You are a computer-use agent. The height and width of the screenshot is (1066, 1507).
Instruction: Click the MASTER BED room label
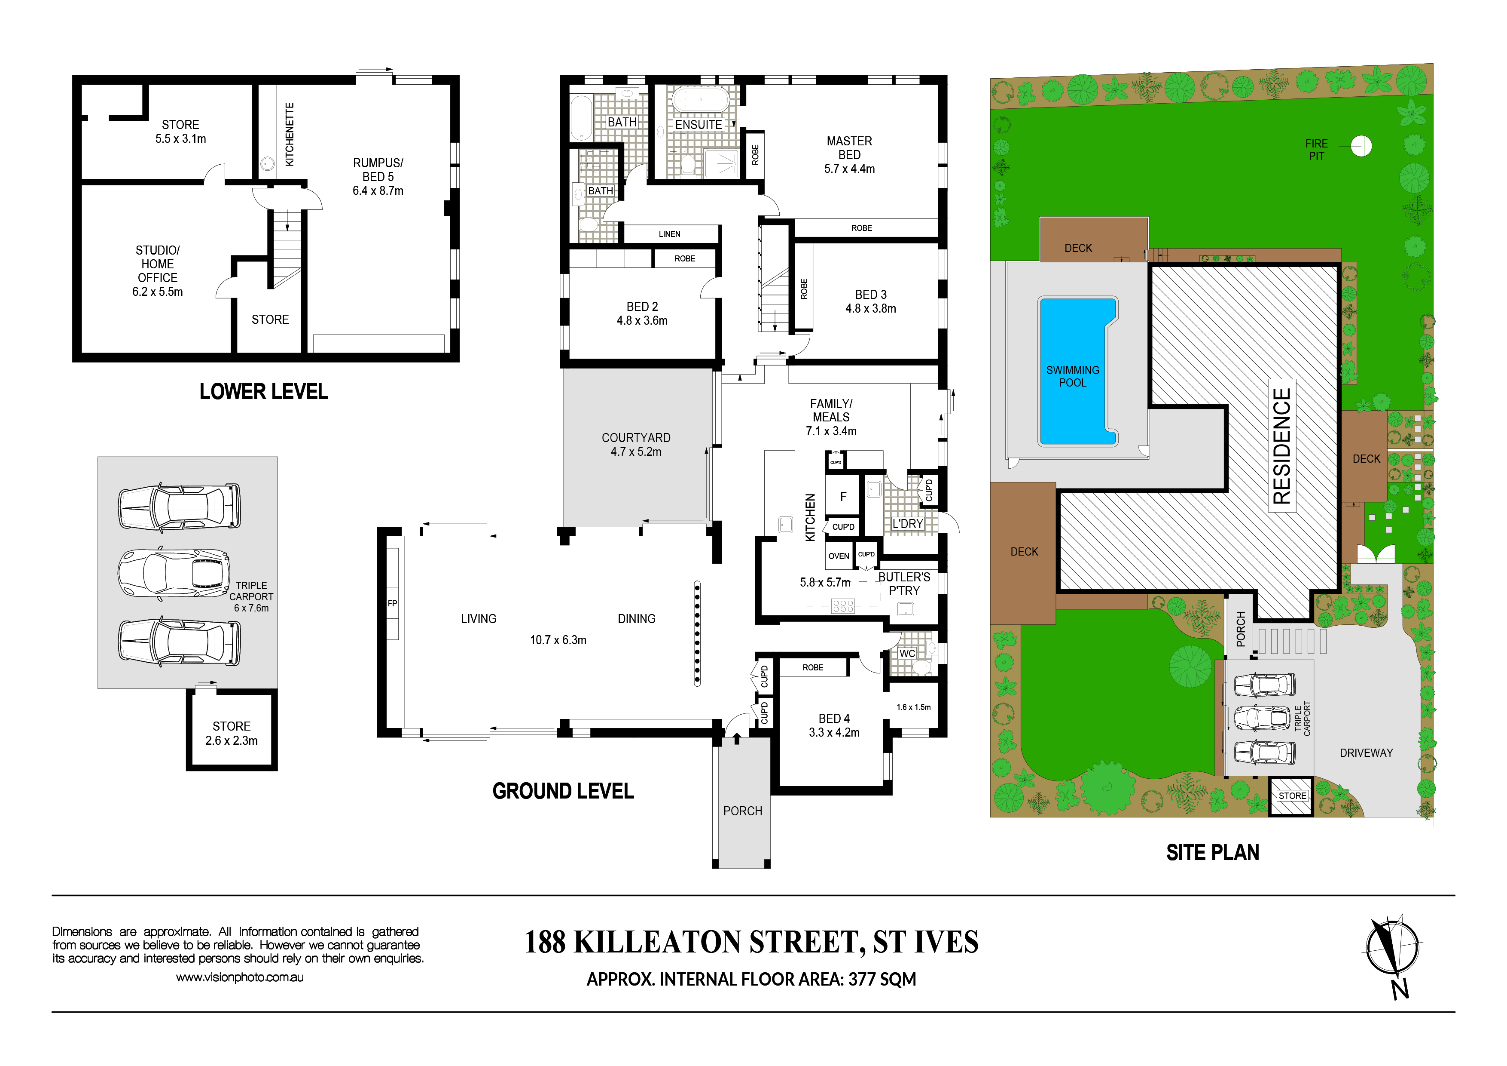tap(849, 148)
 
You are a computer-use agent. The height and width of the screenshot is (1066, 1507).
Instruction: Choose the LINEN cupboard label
tap(669, 234)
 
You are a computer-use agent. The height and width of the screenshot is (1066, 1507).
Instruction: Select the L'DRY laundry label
tap(907, 523)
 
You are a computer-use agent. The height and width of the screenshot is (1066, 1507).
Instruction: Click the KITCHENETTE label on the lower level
tap(290, 134)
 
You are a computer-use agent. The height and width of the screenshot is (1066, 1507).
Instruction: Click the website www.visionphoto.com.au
tap(240, 977)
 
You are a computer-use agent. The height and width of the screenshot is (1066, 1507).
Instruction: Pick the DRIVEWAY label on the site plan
tap(1366, 753)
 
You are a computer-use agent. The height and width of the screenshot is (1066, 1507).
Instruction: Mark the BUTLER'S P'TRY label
tap(904, 583)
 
